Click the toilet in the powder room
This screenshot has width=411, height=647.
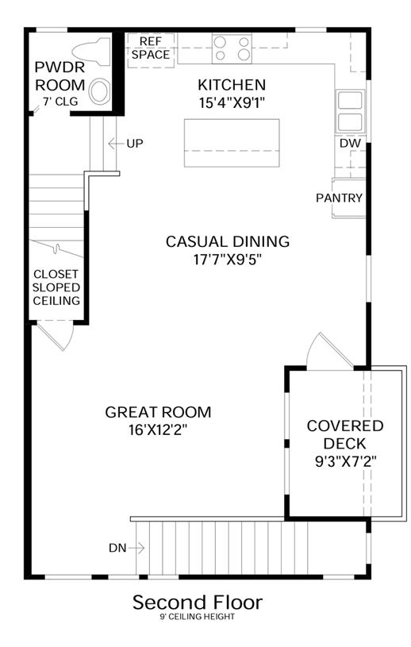click(91, 52)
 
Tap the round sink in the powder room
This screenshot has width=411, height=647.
click(100, 91)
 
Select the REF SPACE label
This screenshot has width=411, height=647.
click(151, 48)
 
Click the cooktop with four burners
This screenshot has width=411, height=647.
click(232, 48)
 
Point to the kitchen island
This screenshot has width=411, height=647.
click(232, 143)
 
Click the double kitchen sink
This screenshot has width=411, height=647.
click(351, 111)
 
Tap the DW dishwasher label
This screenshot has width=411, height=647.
click(350, 144)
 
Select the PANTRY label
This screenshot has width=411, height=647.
click(339, 198)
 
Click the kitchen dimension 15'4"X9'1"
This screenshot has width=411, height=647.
click(231, 102)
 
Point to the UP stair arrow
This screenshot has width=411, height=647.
click(116, 144)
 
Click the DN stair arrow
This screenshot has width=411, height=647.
click(136, 548)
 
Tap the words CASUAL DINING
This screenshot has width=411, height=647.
click(228, 241)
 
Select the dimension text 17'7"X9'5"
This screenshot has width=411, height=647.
click(228, 260)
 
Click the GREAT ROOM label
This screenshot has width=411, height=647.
click(159, 412)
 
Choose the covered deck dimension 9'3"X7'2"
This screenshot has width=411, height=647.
click(345, 461)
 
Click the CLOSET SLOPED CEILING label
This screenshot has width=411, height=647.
click(56, 287)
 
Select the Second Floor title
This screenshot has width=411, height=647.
click(198, 603)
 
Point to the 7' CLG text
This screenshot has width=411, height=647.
click(60, 102)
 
